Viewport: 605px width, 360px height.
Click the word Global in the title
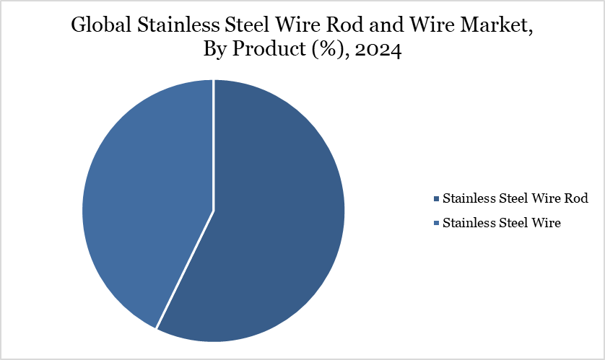click(x=98, y=27)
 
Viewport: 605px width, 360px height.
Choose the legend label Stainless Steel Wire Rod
click(x=515, y=198)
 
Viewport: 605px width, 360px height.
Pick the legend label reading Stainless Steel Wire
click(x=502, y=223)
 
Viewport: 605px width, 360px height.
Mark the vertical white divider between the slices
click(x=214, y=144)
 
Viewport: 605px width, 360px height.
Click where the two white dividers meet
click(x=214, y=211)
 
